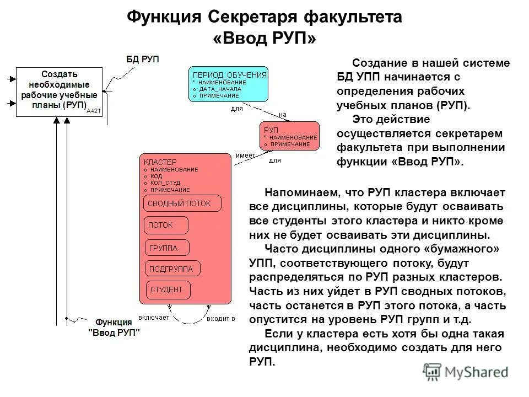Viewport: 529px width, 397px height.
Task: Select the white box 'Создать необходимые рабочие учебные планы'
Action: click(x=59, y=92)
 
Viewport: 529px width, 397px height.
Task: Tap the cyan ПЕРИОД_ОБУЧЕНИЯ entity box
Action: click(x=229, y=85)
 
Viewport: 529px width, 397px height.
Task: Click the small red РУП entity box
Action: click(x=289, y=136)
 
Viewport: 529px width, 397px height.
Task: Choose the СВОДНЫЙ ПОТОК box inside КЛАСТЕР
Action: click(x=182, y=203)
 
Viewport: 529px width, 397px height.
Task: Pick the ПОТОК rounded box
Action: click(x=166, y=226)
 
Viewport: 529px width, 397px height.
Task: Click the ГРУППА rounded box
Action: click(x=166, y=248)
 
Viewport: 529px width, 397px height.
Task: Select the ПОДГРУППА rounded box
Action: click(x=172, y=269)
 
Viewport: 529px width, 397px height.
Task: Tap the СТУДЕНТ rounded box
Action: click(x=168, y=290)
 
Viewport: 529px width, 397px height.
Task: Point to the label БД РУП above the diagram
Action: click(x=143, y=59)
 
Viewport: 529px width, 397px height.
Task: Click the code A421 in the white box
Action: click(x=94, y=111)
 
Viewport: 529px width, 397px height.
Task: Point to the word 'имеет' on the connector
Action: click(x=246, y=155)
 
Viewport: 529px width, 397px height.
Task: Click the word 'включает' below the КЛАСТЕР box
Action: click(x=154, y=318)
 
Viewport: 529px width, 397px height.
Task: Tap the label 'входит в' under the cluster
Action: click(x=221, y=318)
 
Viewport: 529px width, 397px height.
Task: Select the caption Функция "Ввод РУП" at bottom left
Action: click(x=114, y=327)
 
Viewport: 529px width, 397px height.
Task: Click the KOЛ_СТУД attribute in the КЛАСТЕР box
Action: click(x=165, y=183)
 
